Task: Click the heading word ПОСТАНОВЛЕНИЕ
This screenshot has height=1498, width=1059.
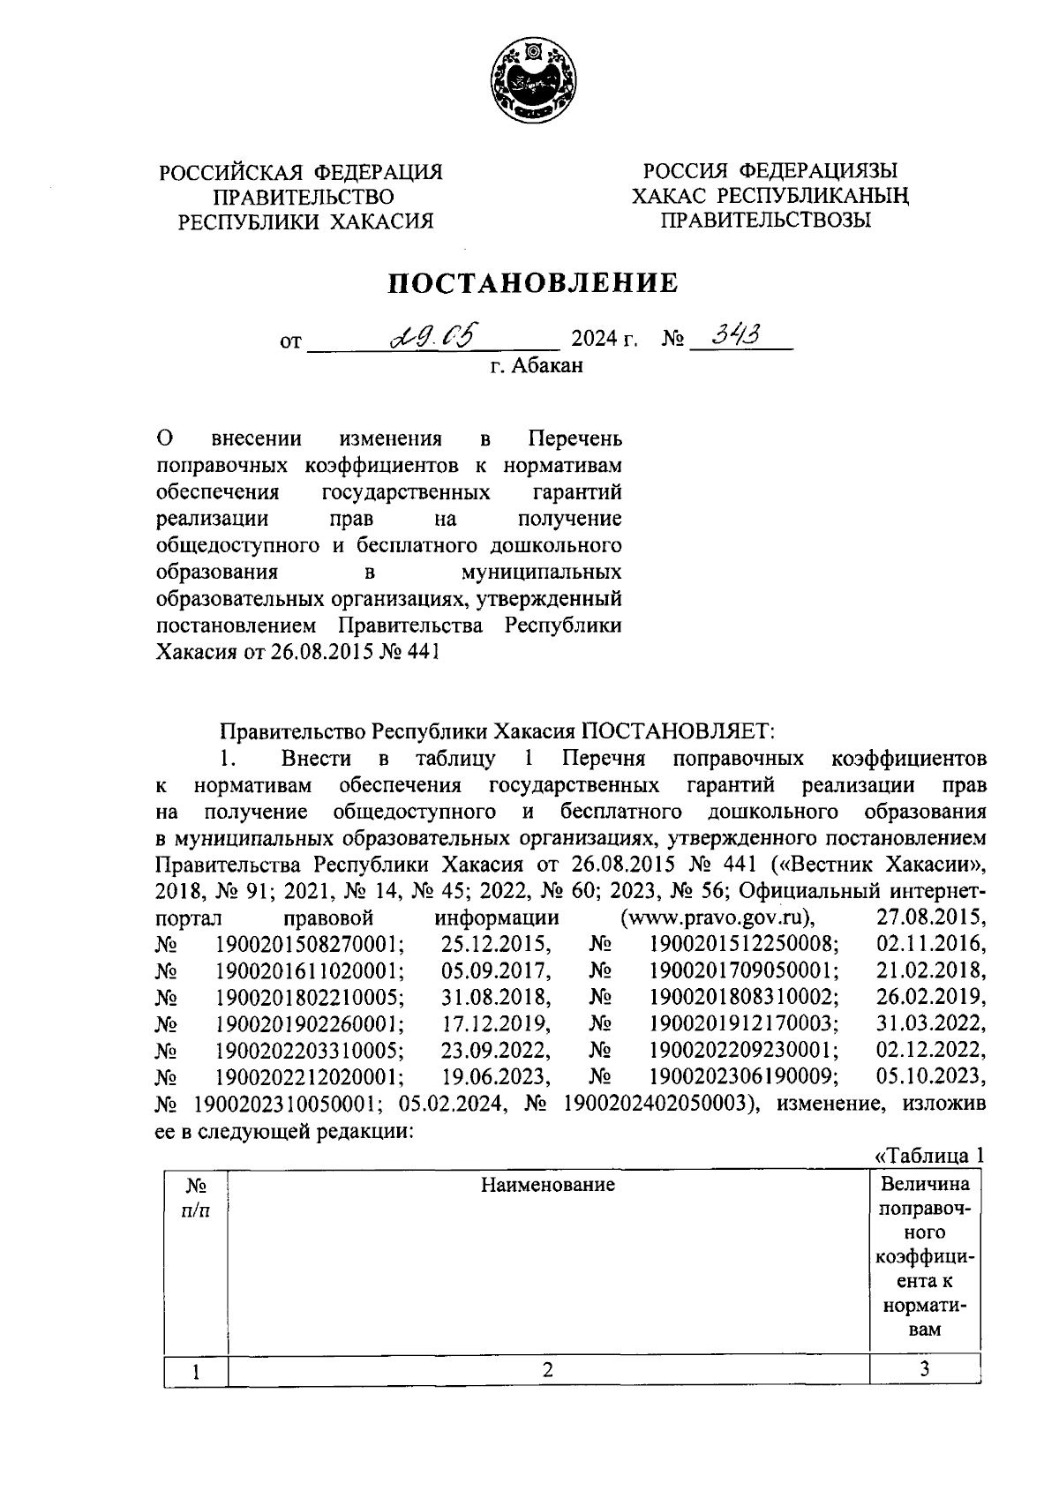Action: coord(534,282)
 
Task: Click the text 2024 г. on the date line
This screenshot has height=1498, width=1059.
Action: coord(605,340)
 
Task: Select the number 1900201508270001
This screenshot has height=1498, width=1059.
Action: coord(310,944)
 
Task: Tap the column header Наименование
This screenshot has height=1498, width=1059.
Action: coord(547,1185)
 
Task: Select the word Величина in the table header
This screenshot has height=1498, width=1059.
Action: coord(924,1184)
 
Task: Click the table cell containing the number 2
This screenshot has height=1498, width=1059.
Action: coord(547,1370)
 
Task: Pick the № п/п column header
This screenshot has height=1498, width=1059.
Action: coord(195,1197)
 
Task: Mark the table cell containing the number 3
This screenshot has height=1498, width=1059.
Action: coord(924,1370)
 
